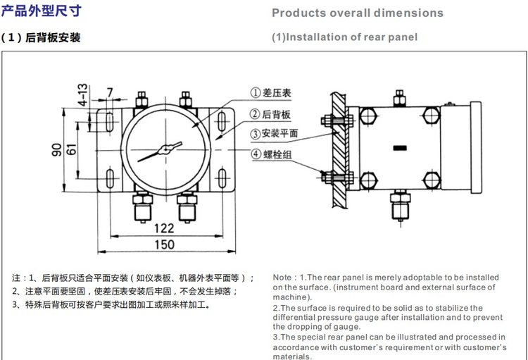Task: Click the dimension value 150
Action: [x=164, y=244]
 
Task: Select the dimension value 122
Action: [x=164, y=228]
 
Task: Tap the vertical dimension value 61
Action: [x=71, y=149]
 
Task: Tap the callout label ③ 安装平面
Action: [x=276, y=133]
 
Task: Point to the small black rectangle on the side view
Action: [x=400, y=147]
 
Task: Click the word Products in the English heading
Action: [x=296, y=13]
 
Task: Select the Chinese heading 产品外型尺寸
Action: [x=42, y=11]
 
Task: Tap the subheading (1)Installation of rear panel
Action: [x=344, y=37]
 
